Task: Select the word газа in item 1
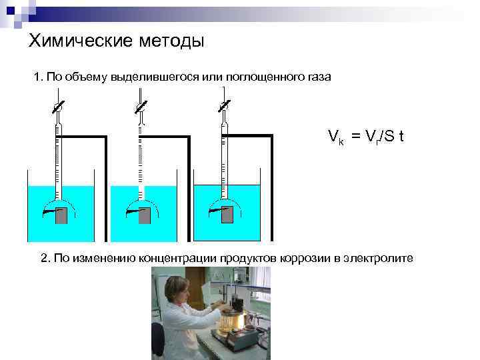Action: click(x=316, y=78)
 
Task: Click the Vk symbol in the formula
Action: click(x=335, y=137)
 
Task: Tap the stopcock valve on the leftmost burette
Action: click(x=58, y=106)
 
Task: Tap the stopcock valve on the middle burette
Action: click(x=140, y=106)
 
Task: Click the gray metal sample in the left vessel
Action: click(x=61, y=215)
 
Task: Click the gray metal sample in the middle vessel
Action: click(x=144, y=215)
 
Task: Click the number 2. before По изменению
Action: click(x=45, y=258)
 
